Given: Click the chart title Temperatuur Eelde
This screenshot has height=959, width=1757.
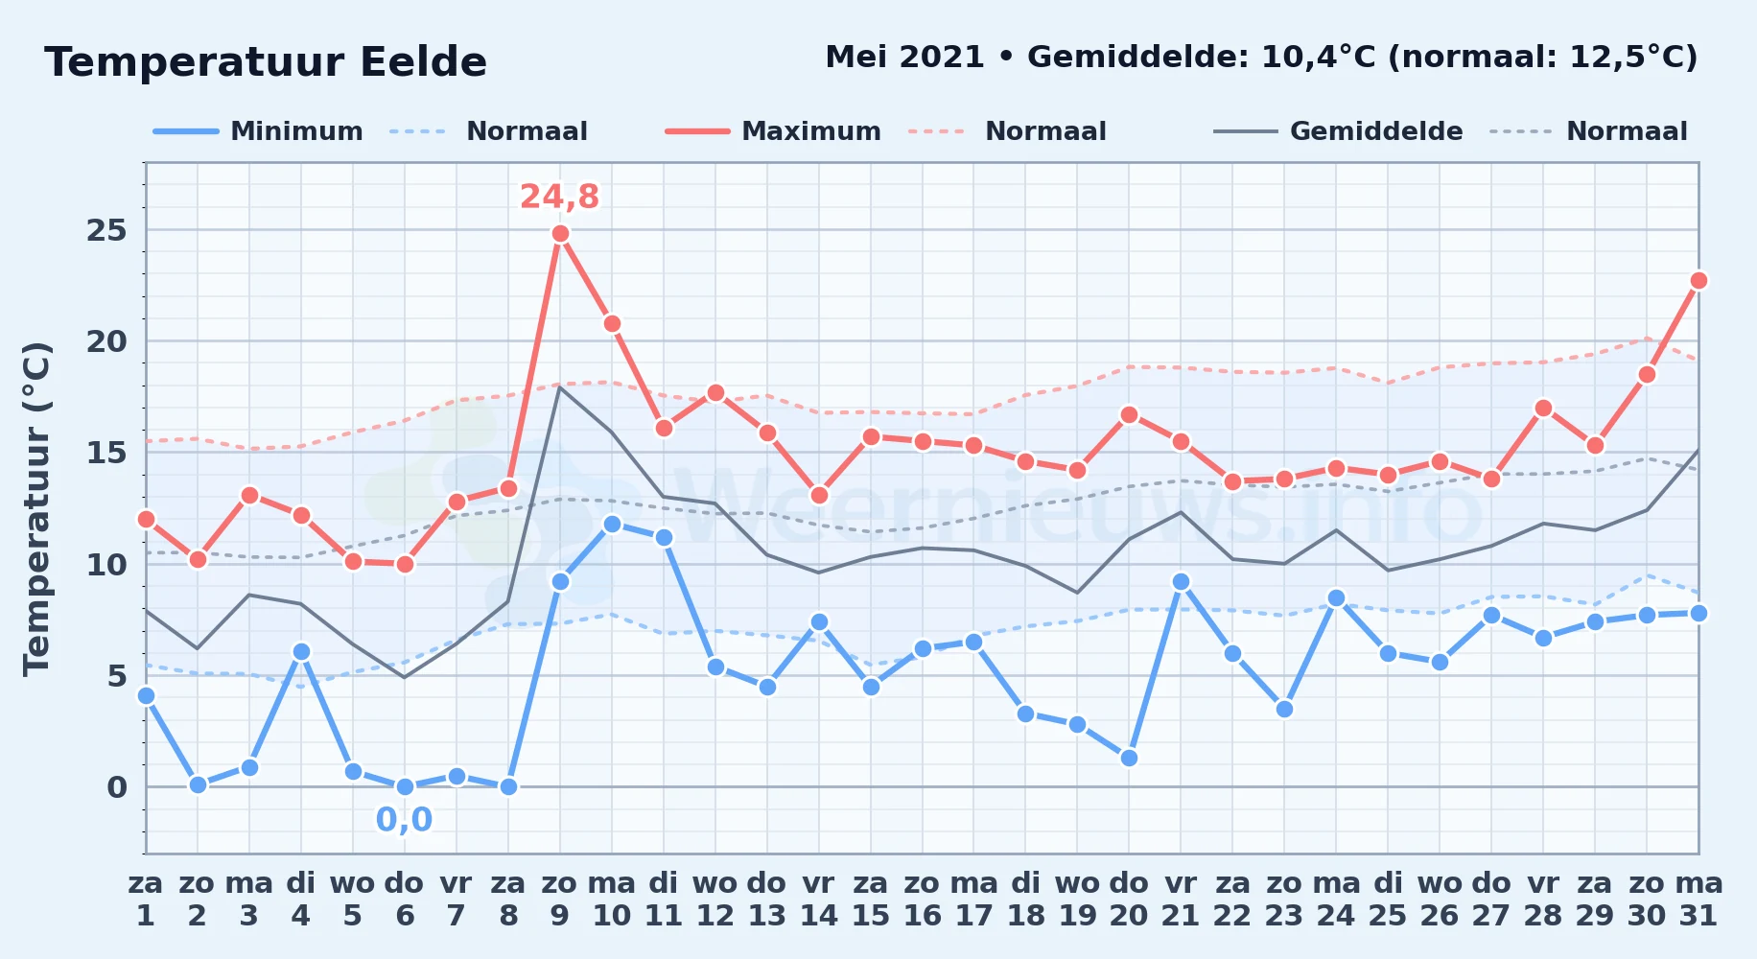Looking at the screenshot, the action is (266, 62).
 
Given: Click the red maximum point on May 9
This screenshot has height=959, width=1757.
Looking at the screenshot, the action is (560, 234).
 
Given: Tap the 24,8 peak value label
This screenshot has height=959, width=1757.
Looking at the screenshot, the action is (559, 197).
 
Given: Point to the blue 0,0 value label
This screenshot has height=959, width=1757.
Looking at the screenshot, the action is (404, 820).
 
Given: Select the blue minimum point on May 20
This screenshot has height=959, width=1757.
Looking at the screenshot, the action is (1129, 758).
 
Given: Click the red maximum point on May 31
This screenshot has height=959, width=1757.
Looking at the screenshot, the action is (1698, 280).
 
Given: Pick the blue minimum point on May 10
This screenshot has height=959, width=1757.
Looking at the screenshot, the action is (612, 524).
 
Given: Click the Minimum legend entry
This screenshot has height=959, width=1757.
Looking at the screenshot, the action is (258, 131).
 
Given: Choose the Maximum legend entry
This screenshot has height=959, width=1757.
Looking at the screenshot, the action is (773, 131).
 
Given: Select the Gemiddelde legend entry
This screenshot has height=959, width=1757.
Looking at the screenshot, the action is (1338, 131).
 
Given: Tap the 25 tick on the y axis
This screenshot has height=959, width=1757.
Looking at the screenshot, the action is (106, 230).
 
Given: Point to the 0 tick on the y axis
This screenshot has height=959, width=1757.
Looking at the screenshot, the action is (117, 787).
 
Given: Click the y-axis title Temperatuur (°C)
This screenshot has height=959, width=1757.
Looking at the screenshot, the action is (36, 508).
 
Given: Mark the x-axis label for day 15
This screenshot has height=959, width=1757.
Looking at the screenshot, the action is (871, 900).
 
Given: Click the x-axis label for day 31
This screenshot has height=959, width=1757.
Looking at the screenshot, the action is (1698, 900).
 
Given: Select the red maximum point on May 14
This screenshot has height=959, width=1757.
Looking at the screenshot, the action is (819, 495).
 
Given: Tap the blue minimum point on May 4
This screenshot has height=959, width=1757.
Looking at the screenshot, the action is (301, 651).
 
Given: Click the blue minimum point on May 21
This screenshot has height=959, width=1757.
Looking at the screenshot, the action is (1181, 581).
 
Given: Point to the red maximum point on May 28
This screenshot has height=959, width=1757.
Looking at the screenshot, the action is (1543, 408).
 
